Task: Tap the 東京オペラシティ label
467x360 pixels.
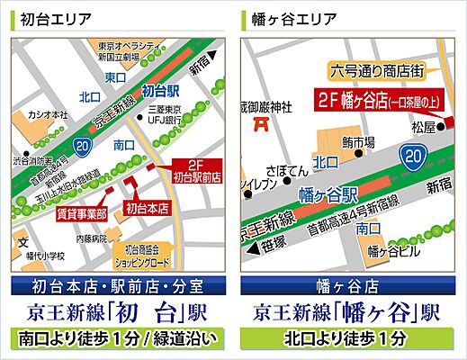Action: point(130,46)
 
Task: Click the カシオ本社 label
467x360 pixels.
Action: point(46,114)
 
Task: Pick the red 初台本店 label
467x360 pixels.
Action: point(146,209)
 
